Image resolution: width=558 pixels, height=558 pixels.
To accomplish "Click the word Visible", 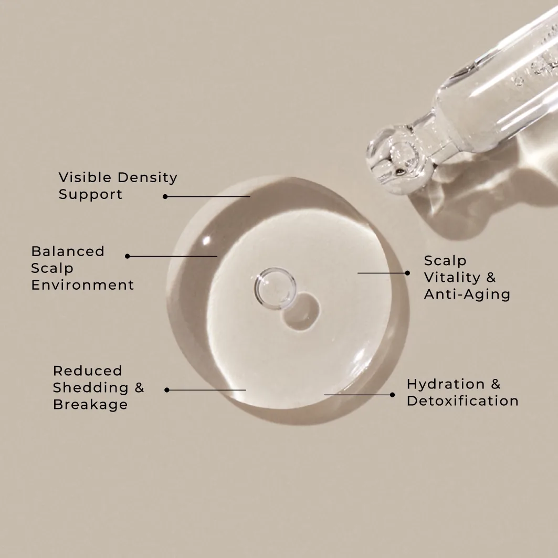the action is click(x=86, y=177).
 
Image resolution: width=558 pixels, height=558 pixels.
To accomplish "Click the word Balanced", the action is click(x=68, y=251).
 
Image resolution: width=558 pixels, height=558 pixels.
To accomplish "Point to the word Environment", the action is click(x=82, y=285).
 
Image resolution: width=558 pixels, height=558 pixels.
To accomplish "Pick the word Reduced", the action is click(x=88, y=371).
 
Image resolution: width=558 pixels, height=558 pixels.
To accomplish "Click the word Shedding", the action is click(x=91, y=388).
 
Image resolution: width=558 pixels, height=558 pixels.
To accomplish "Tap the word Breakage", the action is click(x=90, y=405).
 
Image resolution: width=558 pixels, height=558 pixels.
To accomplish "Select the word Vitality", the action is click(x=452, y=278).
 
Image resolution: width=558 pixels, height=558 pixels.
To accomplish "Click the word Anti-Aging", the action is click(x=467, y=295).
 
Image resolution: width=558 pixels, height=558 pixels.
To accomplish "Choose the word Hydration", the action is click(x=446, y=385).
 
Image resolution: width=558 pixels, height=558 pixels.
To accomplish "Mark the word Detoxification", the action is click(x=462, y=401).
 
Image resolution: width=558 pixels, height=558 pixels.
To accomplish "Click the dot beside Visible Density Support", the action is click(x=165, y=196).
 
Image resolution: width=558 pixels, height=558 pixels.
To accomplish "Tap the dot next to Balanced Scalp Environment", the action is click(x=128, y=256).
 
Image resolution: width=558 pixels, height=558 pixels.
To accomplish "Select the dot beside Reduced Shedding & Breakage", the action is click(x=167, y=390).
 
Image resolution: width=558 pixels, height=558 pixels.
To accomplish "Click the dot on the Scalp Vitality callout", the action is click(x=407, y=273).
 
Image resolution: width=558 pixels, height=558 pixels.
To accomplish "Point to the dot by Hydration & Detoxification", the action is click(x=392, y=395).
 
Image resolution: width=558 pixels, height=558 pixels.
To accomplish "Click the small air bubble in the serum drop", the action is click(x=275, y=288).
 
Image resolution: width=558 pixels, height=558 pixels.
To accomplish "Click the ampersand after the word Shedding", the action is click(x=140, y=387).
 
